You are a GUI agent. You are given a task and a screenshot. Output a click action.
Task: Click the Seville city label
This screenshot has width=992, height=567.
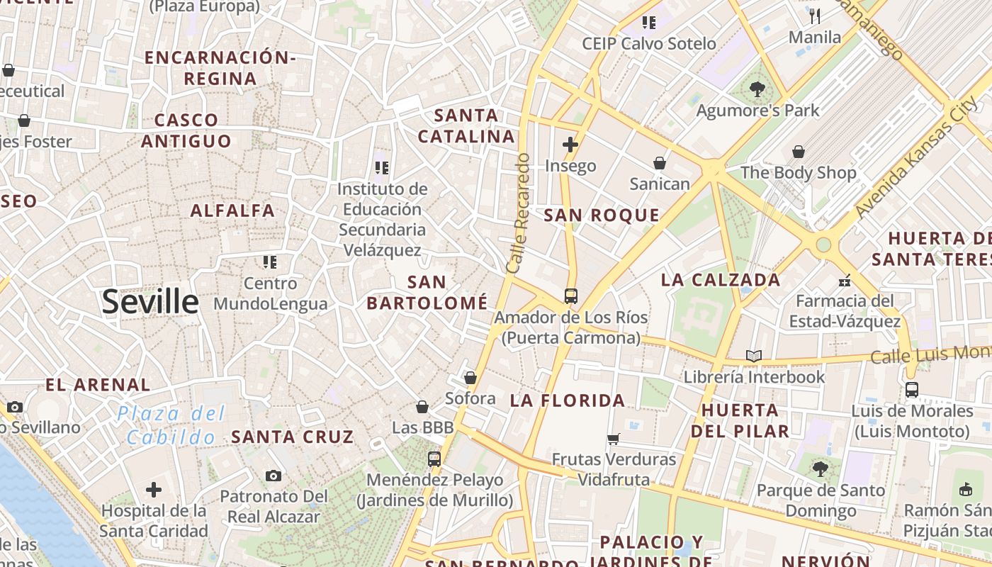pyautogui.click(x=150, y=302)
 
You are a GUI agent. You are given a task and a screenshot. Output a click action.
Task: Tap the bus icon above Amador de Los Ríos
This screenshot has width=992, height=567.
pyautogui.click(x=570, y=296)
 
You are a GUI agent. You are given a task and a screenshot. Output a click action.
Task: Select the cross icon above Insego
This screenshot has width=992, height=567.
pyautogui.click(x=570, y=145)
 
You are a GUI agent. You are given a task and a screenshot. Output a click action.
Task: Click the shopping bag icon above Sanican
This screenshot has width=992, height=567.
pyautogui.click(x=660, y=164)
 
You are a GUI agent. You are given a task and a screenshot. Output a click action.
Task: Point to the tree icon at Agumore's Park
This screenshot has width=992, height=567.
pyautogui.click(x=757, y=89)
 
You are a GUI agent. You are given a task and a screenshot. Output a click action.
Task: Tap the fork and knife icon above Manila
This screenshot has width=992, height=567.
pyautogui.click(x=815, y=16)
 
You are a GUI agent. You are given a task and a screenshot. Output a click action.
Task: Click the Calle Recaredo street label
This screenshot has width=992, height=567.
pyautogui.click(x=519, y=213)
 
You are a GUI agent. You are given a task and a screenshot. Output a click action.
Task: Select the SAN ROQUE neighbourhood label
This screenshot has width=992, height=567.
pyautogui.click(x=602, y=215)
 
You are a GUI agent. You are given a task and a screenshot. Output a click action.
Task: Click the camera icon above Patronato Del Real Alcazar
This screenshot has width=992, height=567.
pyautogui.click(x=274, y=476)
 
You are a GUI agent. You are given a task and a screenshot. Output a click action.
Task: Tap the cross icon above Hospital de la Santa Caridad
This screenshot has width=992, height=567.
pyautogui.click(x=154, y=490)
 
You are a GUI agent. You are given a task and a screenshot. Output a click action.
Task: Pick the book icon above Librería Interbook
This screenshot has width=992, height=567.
pyautogui.click(x=754, y=356)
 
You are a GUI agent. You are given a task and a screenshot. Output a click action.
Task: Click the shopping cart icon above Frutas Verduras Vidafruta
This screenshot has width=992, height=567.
pyautogui.click(x=614, y=439)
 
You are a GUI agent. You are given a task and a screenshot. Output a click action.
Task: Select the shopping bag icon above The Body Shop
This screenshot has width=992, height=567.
pyautogui.click(x=799, y=152)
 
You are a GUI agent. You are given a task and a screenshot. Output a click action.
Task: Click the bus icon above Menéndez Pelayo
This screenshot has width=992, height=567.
pyautogui.click(x=434, y=459)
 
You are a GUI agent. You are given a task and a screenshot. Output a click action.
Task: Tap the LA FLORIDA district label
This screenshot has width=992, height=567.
pyautogui.click(x=568, y=400)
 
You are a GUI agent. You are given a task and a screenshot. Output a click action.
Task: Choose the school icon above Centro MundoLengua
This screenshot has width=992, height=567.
pyautogui.click(x=269, y=263)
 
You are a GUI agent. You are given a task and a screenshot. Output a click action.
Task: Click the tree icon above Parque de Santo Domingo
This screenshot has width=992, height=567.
pyautogui.click(x=820, y=468)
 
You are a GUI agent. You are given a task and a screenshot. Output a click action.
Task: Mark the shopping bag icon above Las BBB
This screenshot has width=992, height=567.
pyautogui.click(x=422, y=407)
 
